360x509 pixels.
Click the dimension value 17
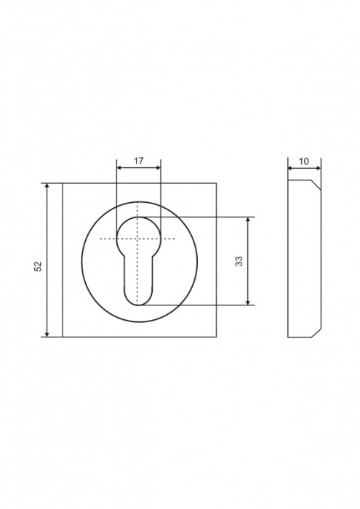pos(138,161)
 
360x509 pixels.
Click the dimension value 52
pos(39,266)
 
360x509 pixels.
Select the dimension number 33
pos(239,261)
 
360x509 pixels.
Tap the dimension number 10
pos(304,161)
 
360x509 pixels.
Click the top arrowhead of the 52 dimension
pos(47,185)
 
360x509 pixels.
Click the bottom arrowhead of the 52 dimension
pos(47,334)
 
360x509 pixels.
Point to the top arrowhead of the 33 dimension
pos(248,220)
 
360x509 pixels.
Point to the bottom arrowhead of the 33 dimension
pos(248,302)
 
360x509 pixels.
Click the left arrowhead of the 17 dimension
pos(119,167)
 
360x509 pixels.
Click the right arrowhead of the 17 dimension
pos(158,167)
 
